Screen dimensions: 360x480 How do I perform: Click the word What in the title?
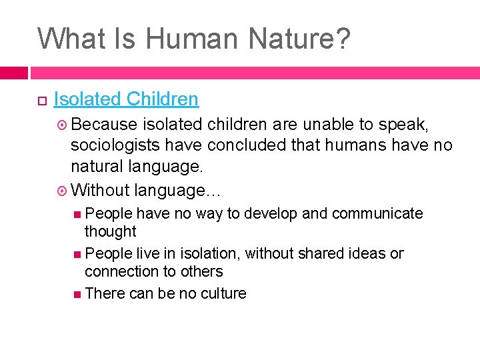(x=67, y=39)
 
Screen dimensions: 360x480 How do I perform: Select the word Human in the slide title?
(x=189, y=39)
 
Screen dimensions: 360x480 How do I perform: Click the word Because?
(x=103, y=124)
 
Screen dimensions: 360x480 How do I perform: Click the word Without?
(x=99, y=190)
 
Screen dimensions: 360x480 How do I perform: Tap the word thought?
(x=110, y=231)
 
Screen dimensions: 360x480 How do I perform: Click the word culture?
(x=223, y=293)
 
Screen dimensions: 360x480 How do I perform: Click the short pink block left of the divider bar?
(x=13, y=72)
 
